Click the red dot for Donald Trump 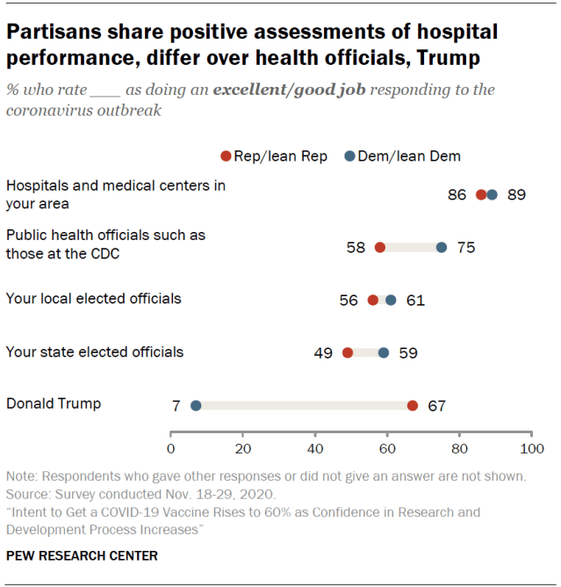pyautogui.click(x=413, y=405)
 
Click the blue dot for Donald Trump pyautogui.click(x=196, y=405)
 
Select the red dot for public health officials pyautogui.click(x=380, y=248)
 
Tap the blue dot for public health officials pyautogui.click(x=442, y=248)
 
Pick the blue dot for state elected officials pyautogui.click(x=384, y=352)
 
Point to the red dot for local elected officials pyautogui.click(x=373, y=300)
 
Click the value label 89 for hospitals pyautogui.click(x=515, y=195)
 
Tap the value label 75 pyautogui.click(x=466, y=248)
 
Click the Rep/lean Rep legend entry pyautogui.click(x=274, y=156)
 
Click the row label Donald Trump pyautogui.click(x=54, y=404)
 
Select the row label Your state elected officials pyautogui.click(x=95, y=351)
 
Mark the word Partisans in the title pyautogui.click(x=51, y=34)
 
